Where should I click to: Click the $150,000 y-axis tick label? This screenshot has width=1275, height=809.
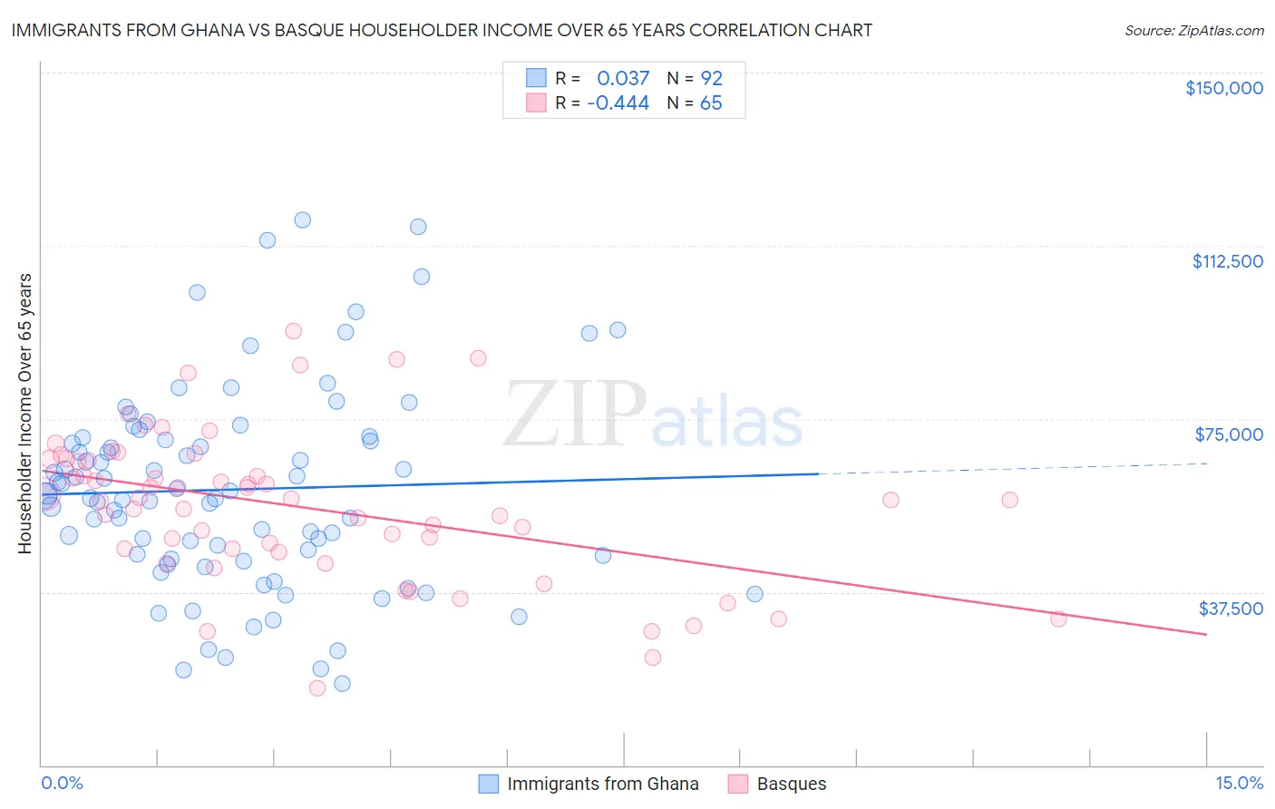click(x=1223, y=88)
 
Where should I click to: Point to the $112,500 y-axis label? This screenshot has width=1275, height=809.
click(x=1227, y=261)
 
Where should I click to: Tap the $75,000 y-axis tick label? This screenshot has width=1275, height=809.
click(x=1229, y=434)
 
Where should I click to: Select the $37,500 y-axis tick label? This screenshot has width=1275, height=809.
click(x=1231, y=609)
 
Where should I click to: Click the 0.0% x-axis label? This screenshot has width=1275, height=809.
click(x=62, y=783)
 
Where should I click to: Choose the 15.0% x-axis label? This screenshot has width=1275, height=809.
click(x=1239, y=783)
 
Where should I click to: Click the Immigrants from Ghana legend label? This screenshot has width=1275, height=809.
click(x=603, y=784)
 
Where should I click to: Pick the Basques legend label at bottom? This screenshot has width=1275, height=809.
click(x=792, y=784)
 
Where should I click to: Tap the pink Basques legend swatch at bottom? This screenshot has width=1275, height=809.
click(x=737, y=784)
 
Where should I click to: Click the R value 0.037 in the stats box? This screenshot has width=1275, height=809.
click(x=623, y=78)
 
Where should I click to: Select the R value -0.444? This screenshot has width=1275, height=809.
click(x=618, y=103)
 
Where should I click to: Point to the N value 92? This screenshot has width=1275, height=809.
click(x=711, y=78)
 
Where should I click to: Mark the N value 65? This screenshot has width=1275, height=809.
click(x=711, y=103)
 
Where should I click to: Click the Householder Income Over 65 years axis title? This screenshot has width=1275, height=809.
click(x=25, y=413)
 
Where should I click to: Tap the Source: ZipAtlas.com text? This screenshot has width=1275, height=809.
click(x=1193, y=30)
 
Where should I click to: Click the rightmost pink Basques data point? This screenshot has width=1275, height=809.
click(x=1058, y=619)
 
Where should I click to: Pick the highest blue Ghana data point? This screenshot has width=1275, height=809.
click(x=303, y=219)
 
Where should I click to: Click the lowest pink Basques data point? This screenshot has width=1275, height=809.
click(x=317, y=688)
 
